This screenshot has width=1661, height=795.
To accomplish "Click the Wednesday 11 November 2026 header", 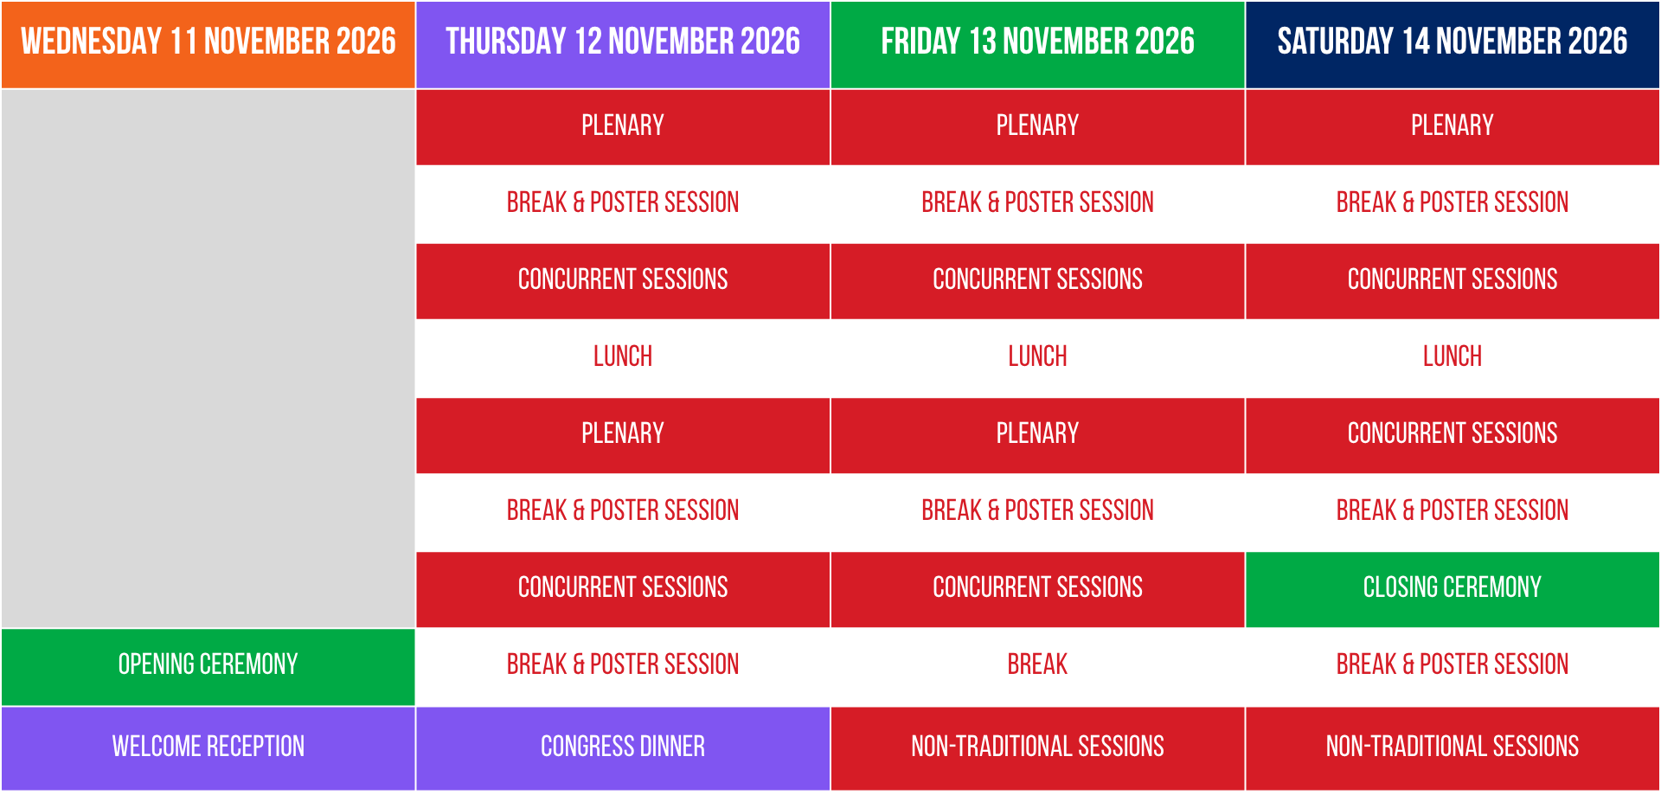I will pyautogui.click(x=208, y=42).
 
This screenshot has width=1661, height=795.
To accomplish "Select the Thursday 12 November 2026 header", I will pyautogui.click(x=623, y=42).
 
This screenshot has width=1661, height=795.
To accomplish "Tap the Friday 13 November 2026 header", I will pyautogui.click(x=1037, y=42).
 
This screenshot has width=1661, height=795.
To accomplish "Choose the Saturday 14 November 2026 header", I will pyautogui.click(x=1453, y=42).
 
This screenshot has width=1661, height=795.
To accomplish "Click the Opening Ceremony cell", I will pyautogui.click(x=208, y=664).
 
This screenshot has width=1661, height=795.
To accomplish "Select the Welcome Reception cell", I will pyautogui.click(x=208, y=747).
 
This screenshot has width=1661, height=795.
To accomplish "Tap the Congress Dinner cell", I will pyautogui.click(x=623, y=747).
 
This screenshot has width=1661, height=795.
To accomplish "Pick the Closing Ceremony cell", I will pyautogui.click(x=1453, y=587).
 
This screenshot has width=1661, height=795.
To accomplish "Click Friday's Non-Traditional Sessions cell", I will pyautogui.click(x=1037, y=747).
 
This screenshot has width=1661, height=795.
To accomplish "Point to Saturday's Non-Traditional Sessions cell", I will pyautogui.click(x=1453, y=747).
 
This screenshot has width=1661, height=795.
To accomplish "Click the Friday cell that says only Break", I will pyautogui.click(x=1037, y=664).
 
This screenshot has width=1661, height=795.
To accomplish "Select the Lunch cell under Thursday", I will pyautogui.click(x=623, y=356).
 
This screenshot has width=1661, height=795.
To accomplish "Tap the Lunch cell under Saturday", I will pyautogui.click(x=1453, y=356).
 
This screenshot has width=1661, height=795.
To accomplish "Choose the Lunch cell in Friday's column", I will pyautogui.click(x=1037, y=356).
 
